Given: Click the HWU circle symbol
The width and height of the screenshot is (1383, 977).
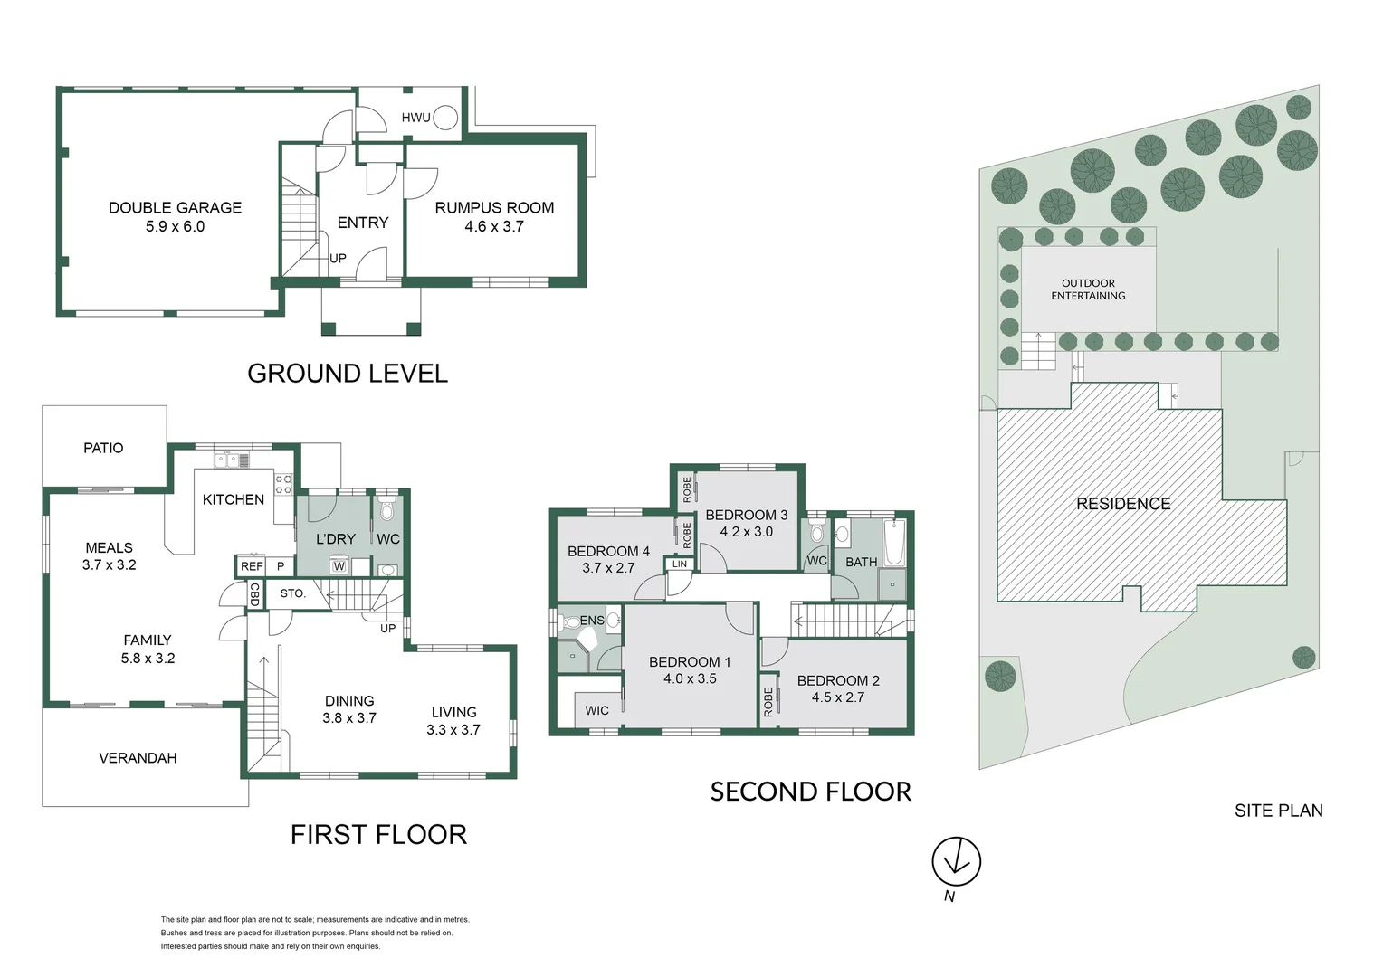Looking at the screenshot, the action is [x=445, y=118].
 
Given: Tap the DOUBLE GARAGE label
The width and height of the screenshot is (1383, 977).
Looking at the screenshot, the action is [x=176, y=208].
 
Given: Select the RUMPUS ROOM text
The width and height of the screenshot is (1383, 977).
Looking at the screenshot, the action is [x=494, y=208].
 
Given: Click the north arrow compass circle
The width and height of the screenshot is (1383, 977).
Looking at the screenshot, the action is [x=957, y=861].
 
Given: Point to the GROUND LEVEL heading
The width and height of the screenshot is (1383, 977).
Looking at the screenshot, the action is [x=348, y=374].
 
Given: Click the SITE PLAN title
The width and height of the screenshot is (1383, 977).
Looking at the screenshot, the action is [x=1279, y=811].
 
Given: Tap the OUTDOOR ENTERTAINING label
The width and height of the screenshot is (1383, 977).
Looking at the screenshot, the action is [x=1088, y=289].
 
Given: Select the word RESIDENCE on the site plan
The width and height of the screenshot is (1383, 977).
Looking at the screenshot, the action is [x=1123, y=504].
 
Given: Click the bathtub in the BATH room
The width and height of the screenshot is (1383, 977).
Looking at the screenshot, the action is [x=894, y=543].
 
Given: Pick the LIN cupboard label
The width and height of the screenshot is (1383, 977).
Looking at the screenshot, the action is [x=679, y=564].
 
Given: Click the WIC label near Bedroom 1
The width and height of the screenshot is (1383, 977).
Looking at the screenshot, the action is [x=596, y=710].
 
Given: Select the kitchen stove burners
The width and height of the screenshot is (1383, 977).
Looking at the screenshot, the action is [x=283, y=484].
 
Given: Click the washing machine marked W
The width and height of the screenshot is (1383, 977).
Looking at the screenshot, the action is [x=339, y=565].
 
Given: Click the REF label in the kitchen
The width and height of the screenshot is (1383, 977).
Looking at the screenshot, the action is [x=252, y=566].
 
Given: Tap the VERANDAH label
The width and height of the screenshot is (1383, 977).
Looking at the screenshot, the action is [x=138, y=758].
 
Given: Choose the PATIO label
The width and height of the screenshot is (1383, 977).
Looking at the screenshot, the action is [x=103, y=448].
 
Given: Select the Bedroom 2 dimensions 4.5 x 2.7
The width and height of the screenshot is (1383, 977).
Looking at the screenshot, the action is [x=838, y=697].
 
